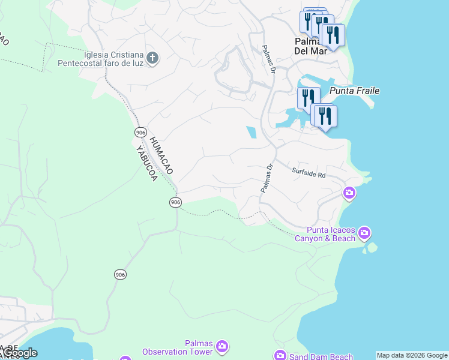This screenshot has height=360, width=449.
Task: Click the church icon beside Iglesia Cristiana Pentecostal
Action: point(152,58)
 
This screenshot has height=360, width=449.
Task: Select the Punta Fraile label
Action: point(355,91)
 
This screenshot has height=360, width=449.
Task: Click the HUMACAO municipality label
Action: point(160,155)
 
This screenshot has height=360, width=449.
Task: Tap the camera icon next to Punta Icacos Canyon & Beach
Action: point(364,232)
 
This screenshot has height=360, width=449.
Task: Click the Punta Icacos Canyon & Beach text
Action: point(331,234)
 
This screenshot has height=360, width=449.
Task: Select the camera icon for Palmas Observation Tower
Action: point(222,346)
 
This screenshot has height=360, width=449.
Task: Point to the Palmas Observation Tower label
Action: point(178,347)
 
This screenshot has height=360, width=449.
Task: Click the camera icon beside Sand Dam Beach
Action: point(280,356)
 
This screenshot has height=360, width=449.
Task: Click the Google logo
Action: point(20,353)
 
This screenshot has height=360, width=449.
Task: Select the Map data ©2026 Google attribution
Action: point(412,355)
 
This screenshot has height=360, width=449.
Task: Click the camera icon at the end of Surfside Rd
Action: point(349,193)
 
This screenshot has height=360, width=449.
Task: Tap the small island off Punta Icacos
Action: point(372,247)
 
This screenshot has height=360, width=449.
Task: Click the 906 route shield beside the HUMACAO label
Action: point(140,132)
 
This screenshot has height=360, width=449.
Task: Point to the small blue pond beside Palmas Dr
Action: point(251,132)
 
